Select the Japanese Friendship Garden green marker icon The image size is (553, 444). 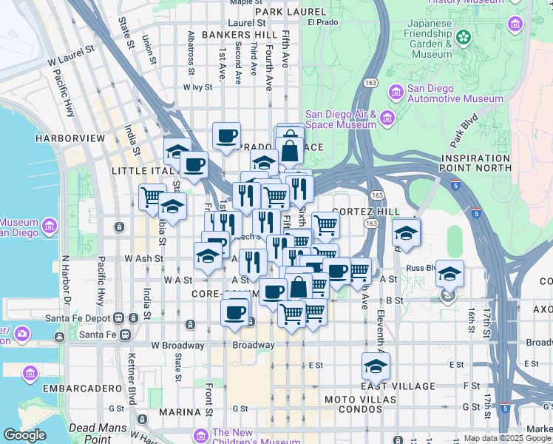click(x=464, y=36)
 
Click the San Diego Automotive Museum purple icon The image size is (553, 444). click(x=396, y=92)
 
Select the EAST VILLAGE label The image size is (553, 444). click(x=398, y=386)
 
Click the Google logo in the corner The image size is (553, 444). click(x=24, y=436)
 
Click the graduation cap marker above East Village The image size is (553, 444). click(x=376, y=366)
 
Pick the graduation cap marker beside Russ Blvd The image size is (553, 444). click(x=449, y=274)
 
